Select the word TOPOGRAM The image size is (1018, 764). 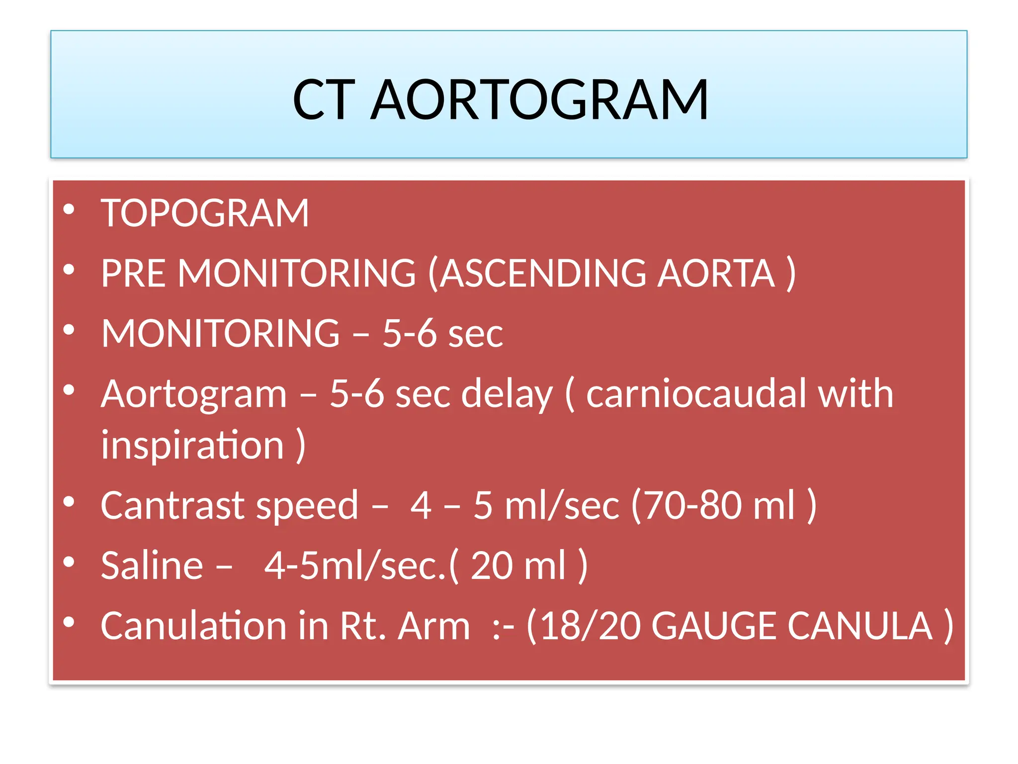205,213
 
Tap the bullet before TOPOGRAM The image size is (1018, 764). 69,209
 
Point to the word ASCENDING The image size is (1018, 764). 543,273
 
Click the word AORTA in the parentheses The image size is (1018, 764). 715,273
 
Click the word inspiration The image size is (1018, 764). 192,444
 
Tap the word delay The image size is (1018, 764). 507,393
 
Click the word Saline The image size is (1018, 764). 152,566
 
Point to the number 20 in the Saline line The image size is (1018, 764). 492,566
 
